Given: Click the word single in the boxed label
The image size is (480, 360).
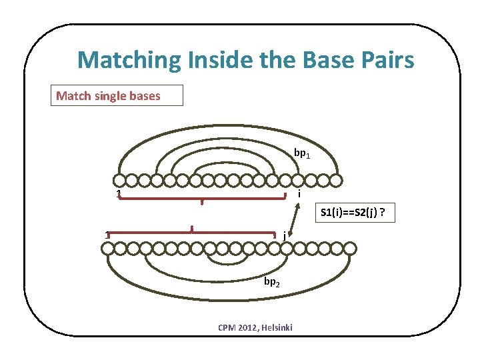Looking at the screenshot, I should point(111,96).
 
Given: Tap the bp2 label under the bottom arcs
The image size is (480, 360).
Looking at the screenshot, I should point(271,282).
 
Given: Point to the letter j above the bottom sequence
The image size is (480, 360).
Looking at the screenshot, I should point(285,235).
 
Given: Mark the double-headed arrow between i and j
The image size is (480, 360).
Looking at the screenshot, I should point(291,215).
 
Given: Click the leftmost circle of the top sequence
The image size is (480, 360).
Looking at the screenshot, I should point(119,181).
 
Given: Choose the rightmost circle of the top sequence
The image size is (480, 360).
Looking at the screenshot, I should point(336,181).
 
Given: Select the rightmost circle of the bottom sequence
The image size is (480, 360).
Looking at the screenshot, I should point(350,249).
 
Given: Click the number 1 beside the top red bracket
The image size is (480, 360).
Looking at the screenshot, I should point(118,195).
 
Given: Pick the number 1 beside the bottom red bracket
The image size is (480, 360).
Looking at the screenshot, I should point(107,234).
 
